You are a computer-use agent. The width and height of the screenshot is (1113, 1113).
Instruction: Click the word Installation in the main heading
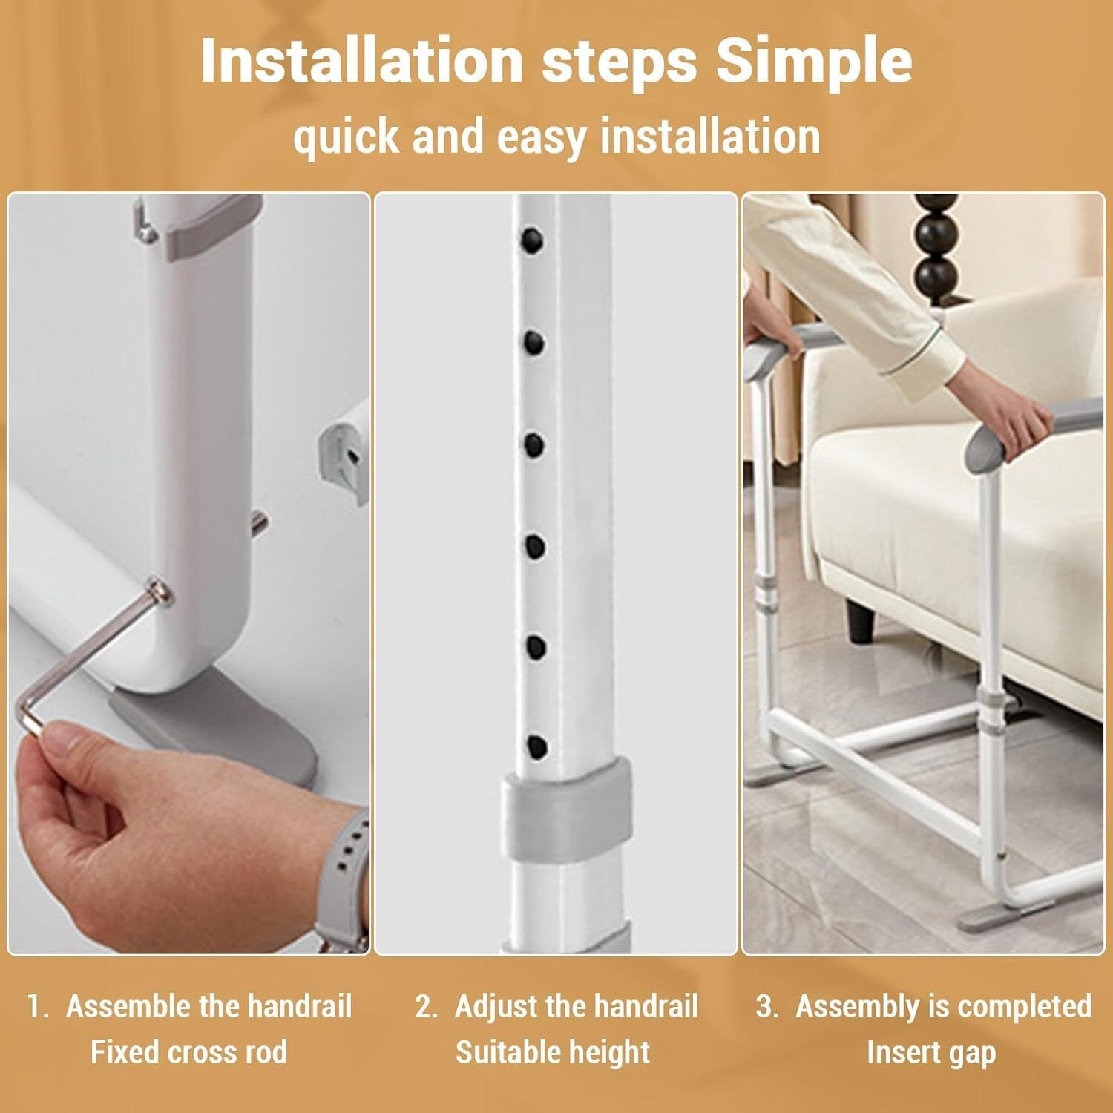pos(361,61)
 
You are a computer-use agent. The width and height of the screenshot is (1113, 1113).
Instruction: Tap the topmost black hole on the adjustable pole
pos(532,239)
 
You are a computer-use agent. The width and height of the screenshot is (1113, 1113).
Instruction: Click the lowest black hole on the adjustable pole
pos(536,746)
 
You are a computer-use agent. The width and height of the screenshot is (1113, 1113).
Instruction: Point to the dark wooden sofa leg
pos(861,624)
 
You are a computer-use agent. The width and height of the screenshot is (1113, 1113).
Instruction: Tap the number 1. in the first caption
pos(39,1007)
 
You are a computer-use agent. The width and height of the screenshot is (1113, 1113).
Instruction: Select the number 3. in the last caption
pos(767,1007)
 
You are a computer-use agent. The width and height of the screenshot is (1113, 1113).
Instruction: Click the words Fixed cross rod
pos(188,1052)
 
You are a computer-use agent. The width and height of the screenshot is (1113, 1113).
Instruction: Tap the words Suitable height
pos(553,1052)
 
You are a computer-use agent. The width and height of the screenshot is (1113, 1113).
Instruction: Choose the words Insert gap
pos(931,1052)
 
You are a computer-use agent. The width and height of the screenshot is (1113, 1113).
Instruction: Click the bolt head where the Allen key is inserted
pos(160,591)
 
